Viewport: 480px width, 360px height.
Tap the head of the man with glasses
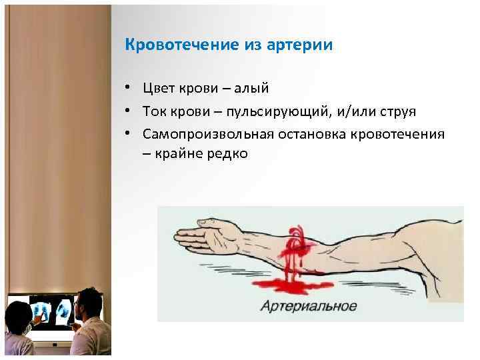coord(89,304)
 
